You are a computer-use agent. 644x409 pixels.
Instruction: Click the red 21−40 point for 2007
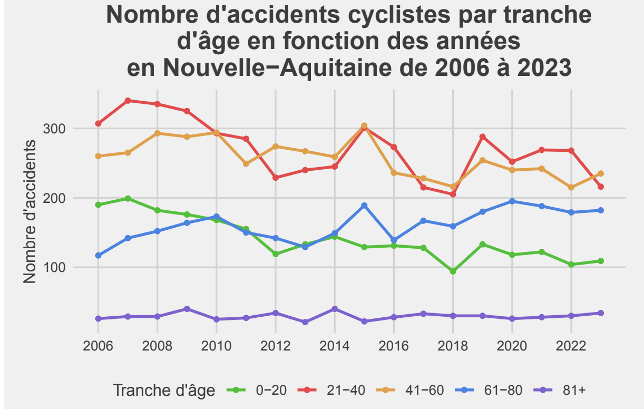128,101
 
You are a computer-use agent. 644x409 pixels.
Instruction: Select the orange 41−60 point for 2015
364,126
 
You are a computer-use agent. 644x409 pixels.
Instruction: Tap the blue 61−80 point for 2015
364,206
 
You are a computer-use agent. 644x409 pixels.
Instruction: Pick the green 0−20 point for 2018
453,271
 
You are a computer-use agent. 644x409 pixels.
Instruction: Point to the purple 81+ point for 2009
187,309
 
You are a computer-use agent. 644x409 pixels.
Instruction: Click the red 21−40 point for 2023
600,187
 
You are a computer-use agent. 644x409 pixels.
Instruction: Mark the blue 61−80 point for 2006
98,256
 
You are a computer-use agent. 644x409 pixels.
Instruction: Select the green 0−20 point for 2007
128,199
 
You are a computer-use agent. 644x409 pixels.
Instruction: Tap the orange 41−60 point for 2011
246,164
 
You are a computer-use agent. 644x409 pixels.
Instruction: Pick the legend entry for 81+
574,390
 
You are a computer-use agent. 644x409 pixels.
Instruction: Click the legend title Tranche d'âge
164,391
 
